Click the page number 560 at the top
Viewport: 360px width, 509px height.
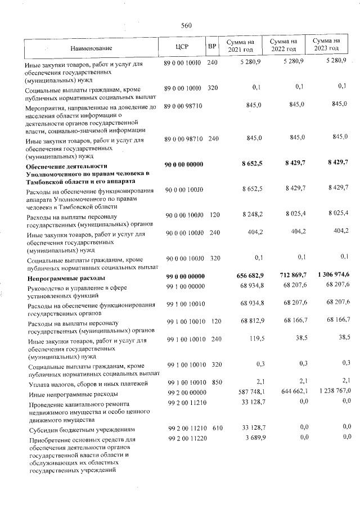point(187,25)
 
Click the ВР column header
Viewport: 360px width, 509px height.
point(212,47)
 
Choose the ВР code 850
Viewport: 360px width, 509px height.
point(213,384)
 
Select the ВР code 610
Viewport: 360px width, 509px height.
point(213,429)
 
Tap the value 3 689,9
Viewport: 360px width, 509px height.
point(251,437)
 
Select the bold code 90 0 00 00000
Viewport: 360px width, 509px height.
point(184,164)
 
